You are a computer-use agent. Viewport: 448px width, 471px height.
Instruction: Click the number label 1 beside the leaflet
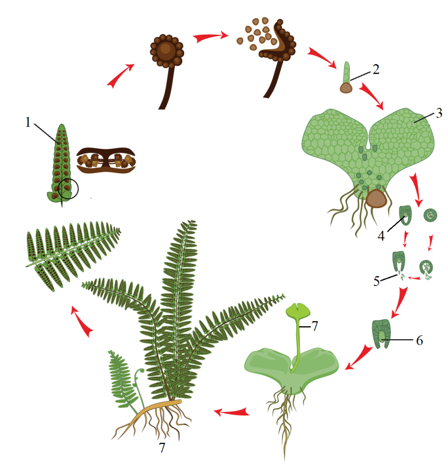(x=28, y=122)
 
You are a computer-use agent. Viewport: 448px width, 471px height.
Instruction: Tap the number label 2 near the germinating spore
(x=376, y=69)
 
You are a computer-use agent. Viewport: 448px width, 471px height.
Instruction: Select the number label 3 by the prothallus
(x=439, y=113)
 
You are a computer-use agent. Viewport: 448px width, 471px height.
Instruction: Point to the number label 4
(x=381, y=236)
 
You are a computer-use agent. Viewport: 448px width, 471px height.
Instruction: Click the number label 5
(x=377, y=281)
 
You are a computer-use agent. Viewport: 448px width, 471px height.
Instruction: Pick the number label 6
(x=419, y=341)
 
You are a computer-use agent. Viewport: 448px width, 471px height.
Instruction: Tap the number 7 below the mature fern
(x=162, y=448)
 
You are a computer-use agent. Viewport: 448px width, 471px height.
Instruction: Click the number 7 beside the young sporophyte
(x=314, y=326)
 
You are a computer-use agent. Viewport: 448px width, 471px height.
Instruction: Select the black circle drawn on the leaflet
(x=68, y=188)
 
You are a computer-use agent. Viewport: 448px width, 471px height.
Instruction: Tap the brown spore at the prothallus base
(x=376, y=198)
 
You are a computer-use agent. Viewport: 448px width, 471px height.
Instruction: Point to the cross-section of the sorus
(x=106, y=160)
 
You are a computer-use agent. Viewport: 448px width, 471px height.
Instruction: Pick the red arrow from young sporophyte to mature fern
(x=232, y=411)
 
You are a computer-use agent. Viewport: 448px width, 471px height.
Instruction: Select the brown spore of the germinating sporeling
(x=346, y=88)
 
